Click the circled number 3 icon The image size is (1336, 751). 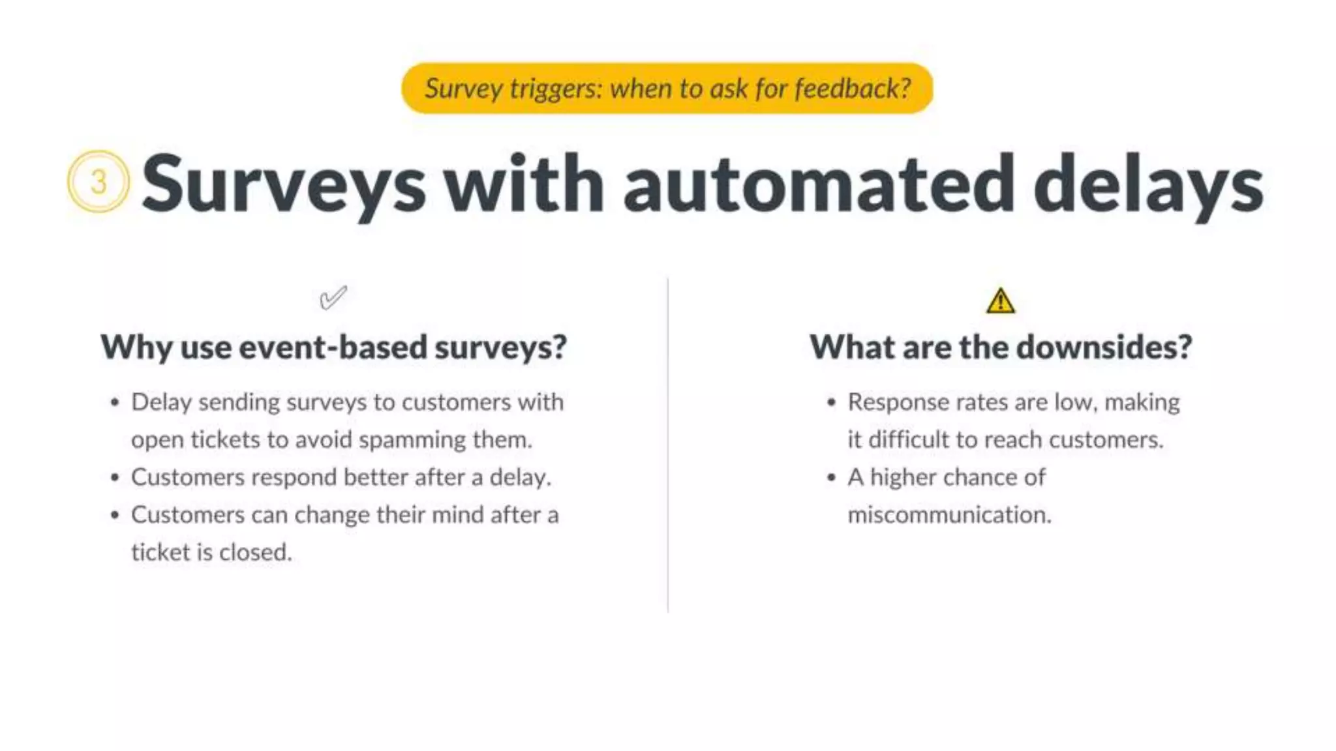99,181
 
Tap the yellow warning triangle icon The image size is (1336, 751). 1000,302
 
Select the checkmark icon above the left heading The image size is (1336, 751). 333,298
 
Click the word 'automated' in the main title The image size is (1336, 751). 819,184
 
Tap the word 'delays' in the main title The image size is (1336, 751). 1148,184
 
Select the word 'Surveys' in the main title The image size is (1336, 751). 284,184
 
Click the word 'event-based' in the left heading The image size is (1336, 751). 332,347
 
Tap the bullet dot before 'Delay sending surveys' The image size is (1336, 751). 115,403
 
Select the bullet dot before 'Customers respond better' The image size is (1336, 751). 115,478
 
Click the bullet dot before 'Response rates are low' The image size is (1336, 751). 831,403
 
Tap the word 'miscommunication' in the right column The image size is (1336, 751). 949,515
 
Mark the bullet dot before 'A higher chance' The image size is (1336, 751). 831,478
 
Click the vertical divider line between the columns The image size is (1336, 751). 667,443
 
